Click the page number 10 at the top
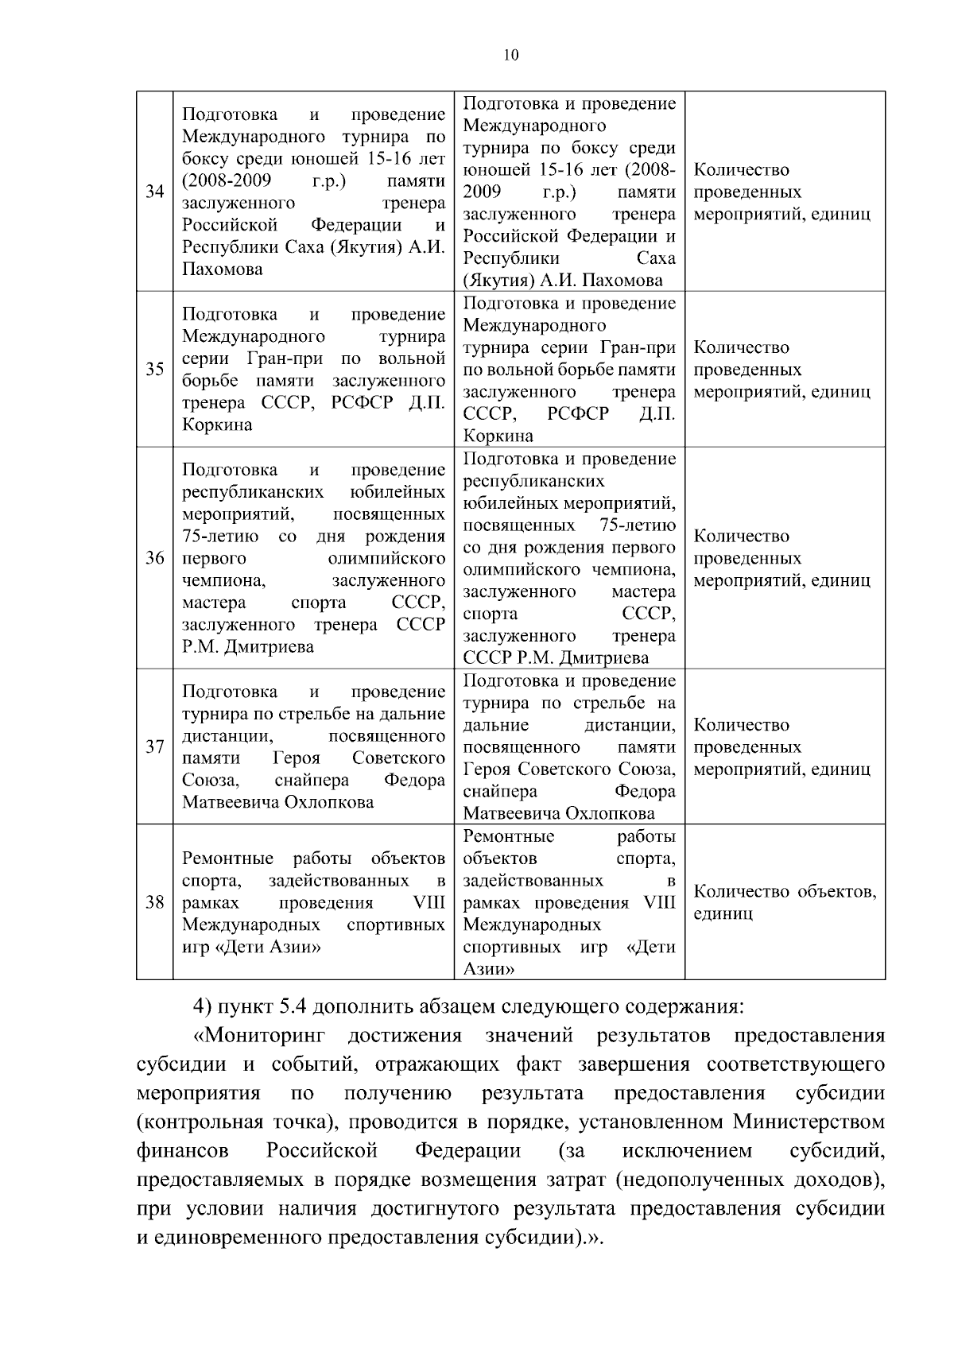[510, 55]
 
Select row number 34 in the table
[154, 192]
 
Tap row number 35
[154, 369]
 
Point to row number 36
[154, 558]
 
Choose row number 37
[154, 746]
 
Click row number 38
[154, 902]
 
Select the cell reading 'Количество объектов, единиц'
[785, 902]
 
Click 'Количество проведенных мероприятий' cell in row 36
[781, 558]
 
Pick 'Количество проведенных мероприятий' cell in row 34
[781, 192]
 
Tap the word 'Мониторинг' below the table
[261, 1036]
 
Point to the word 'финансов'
[182, 1150]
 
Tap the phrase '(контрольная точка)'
[225, 1122]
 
